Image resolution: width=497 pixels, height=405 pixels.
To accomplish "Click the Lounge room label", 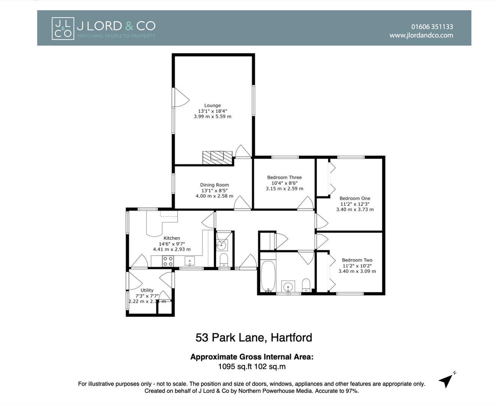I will coord(213,106).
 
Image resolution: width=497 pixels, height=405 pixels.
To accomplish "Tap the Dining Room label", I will coord(214,185).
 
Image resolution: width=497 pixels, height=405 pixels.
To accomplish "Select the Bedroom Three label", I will coord(284,177).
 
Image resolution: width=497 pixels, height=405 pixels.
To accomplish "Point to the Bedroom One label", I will coord(355,198).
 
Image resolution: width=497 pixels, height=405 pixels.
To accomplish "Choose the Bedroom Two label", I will coord(357,260).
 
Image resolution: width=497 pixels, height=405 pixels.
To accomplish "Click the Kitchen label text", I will coord(172,238).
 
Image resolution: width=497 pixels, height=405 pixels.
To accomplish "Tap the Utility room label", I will coord(147,290).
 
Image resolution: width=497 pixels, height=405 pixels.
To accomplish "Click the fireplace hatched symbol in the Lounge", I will coord(217,157).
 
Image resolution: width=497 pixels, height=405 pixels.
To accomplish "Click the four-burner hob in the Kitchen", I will coord(168,261).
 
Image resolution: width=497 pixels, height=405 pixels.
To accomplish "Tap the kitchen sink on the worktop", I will coord(190,261).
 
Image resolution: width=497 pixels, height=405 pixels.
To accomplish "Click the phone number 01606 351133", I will coord(432,27).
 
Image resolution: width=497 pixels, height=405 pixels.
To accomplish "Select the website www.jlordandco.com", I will coord(421,35).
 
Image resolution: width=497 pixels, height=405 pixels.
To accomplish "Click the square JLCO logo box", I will coord(63,28).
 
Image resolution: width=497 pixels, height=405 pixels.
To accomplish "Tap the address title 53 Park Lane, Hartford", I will coord(254,337).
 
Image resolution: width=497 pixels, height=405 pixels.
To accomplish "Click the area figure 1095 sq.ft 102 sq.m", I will coord(252,366).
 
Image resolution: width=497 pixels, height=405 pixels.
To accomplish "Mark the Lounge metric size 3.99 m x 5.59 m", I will coord(213,117).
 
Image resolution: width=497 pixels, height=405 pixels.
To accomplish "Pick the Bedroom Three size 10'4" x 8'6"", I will coord(284,183).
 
